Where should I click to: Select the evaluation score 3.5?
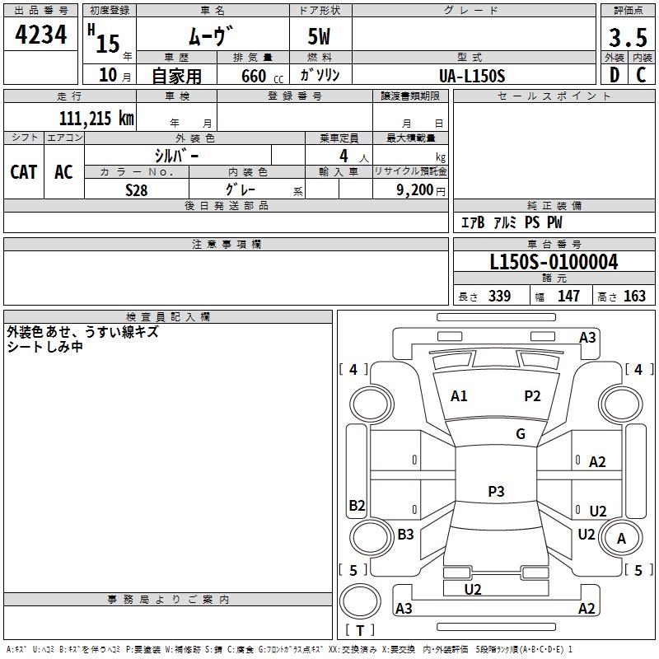click(x=627, y=38)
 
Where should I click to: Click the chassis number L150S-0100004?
click(x=554, y=262)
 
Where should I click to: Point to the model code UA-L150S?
click(x=472, y=75)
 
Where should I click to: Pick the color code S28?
click(x=137, y=189)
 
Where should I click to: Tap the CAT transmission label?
click(x=23, y=171)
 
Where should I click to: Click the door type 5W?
click(x=321, y=38)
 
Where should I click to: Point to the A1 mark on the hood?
click(x=459, y=396)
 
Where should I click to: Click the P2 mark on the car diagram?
click(x=533, y=396)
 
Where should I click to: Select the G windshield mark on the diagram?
click(x=521, y=434)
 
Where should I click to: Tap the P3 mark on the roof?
click(x=496, y=492)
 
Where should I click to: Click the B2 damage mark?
click(x=357, y=506)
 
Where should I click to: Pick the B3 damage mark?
click(x=405, y=535)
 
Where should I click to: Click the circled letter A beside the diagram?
click(x=622, y=539)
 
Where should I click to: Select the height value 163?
click(x=634, y=297)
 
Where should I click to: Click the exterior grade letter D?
click(x=614, y=75)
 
